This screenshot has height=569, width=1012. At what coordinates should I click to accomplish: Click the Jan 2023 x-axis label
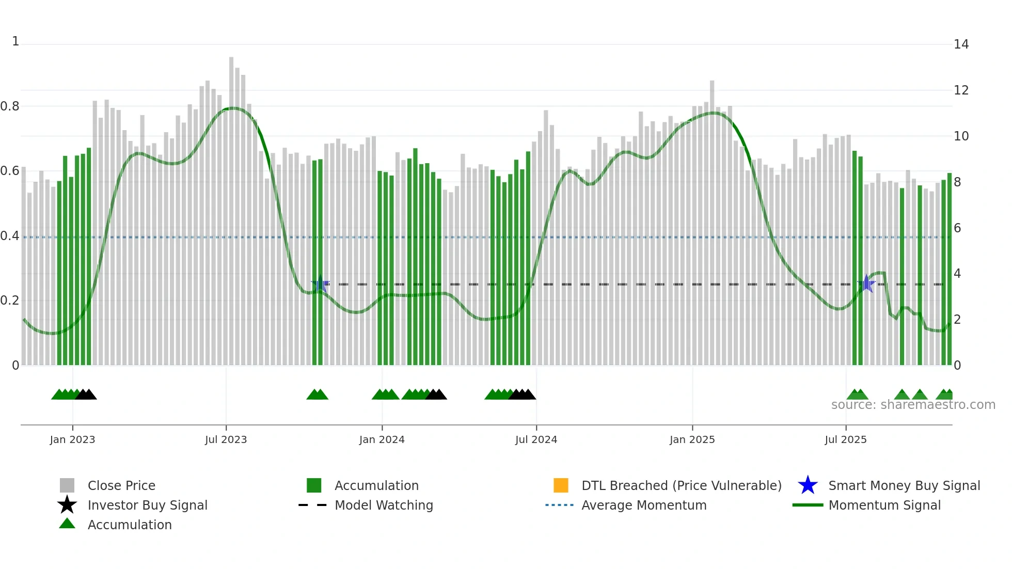pyautogui.click(x=72, y=439)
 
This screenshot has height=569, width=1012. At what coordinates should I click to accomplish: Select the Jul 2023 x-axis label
pyautogui.click(x=226, y=439)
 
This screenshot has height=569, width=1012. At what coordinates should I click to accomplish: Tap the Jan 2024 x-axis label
pyautogui.click(x=382, y=439)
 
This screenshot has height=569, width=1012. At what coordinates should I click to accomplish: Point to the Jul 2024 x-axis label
pyautogui.click(x=536, y=439)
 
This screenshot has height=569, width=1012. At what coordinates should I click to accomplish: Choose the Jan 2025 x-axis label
pyautogui.click(x=692, y=439)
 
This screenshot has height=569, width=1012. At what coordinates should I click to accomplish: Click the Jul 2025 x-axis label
pyautogui.click(x=845, y=439)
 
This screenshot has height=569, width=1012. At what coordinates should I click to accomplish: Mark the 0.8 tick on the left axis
pyautogui.click(x=10, y=106)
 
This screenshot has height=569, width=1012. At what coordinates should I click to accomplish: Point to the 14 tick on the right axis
pyautogui.click(x=961, y=44)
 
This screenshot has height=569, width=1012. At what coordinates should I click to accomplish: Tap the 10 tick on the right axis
pyautogui.click(x=961, y=136)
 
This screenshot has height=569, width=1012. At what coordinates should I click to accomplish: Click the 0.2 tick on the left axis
pyautogui.click(x=10, y=301)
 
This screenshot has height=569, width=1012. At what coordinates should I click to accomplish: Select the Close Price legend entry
pyautogui.click(x=121, y=485)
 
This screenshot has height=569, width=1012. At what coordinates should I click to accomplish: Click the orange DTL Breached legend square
pyautogui.click(x=561, y=485)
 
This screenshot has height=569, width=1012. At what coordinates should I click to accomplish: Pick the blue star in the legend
pyautogui.click(x=808, y=485)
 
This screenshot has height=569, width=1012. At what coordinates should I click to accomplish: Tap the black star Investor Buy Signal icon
pyautogui.click(x=67, y=505)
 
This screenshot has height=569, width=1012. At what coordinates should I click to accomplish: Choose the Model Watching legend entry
pyautogui.click(x=384, y=505)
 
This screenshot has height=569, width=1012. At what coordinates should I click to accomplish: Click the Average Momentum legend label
pyautogui.click(x=644, y=505)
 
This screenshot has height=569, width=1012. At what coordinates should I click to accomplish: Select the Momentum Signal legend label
pyautogui.click(x=884, y=505)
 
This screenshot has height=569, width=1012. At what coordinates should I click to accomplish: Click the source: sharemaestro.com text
pyautogui.click(x=913, y=405)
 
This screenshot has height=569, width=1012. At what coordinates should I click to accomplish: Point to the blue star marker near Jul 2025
pyautogui.click(x=866, y=284)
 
